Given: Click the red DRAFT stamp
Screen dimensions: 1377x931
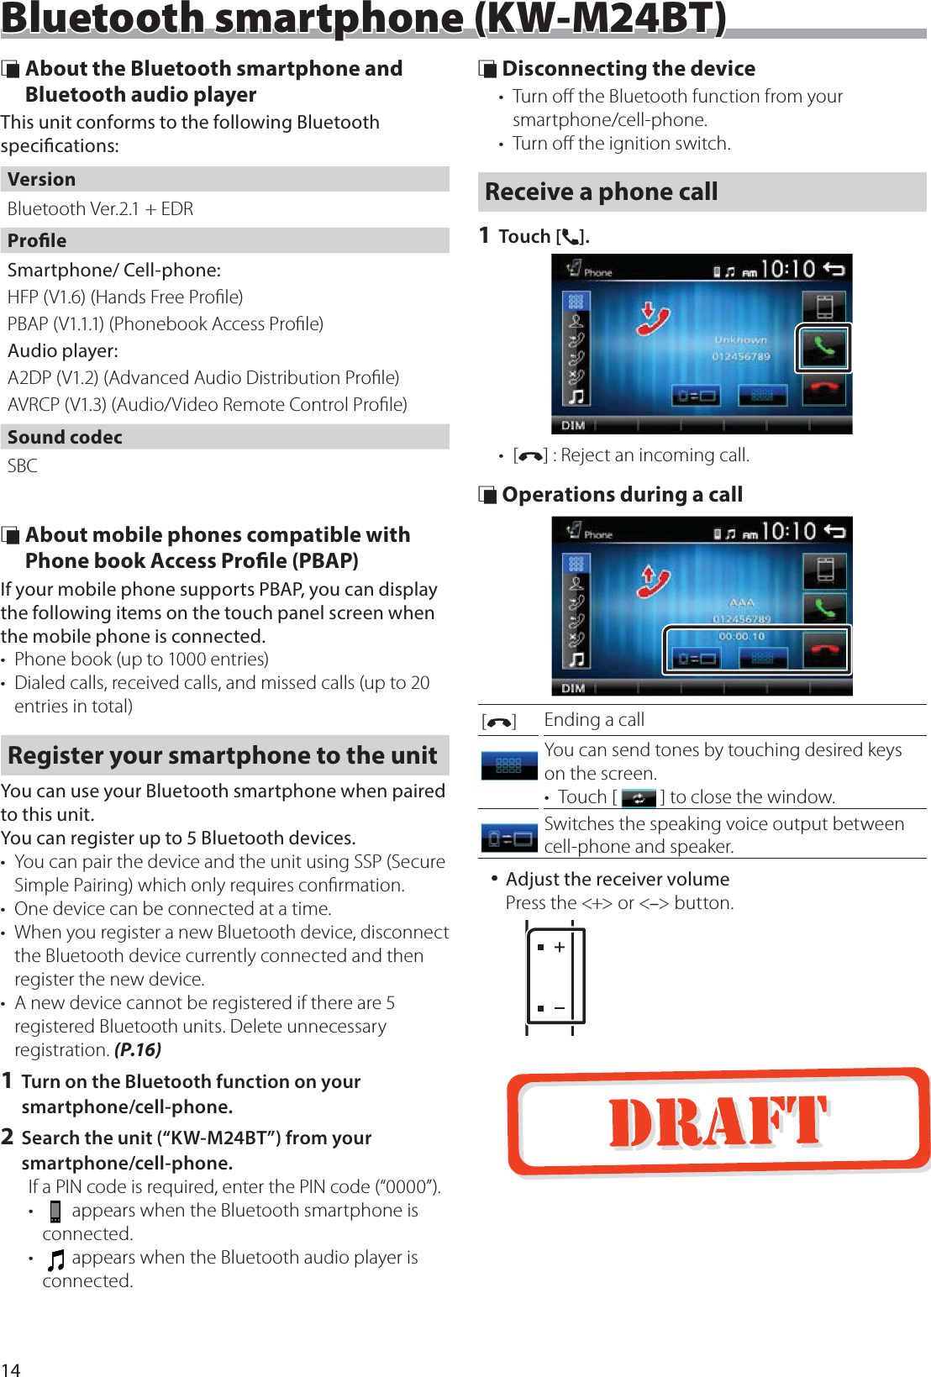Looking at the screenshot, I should pos(718,1122).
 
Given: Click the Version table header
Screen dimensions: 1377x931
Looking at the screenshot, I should pos(42,179).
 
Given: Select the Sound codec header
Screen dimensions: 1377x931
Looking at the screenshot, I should pos(65,437).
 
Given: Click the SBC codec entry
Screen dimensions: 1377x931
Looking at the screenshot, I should pos(23,465).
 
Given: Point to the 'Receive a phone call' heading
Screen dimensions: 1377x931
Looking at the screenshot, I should pos(602,192).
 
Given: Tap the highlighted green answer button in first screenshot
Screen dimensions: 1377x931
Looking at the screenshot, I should pos(823,347).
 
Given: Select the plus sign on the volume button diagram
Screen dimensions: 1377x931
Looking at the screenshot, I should pos(560,947).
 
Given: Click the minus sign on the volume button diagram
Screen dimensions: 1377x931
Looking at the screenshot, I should pos(560,1007).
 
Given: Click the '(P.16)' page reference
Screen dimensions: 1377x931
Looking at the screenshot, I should pos(138,1049).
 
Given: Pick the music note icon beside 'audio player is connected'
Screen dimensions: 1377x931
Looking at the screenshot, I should pos(55,1259).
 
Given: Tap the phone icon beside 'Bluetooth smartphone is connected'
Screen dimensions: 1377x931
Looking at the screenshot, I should pos(55,1211).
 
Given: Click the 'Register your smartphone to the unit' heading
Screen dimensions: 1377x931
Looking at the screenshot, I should pos(223,755).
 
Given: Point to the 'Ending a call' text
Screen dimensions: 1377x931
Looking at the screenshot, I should pos(594,720).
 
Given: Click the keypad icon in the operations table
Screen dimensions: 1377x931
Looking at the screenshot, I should pos(508,765).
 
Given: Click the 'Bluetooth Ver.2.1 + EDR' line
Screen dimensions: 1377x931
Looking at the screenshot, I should pos(101,209).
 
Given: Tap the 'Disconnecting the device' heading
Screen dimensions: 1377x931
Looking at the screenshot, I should pos(629,69).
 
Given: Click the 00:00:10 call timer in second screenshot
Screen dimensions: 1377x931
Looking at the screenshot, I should pos(741,636).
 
